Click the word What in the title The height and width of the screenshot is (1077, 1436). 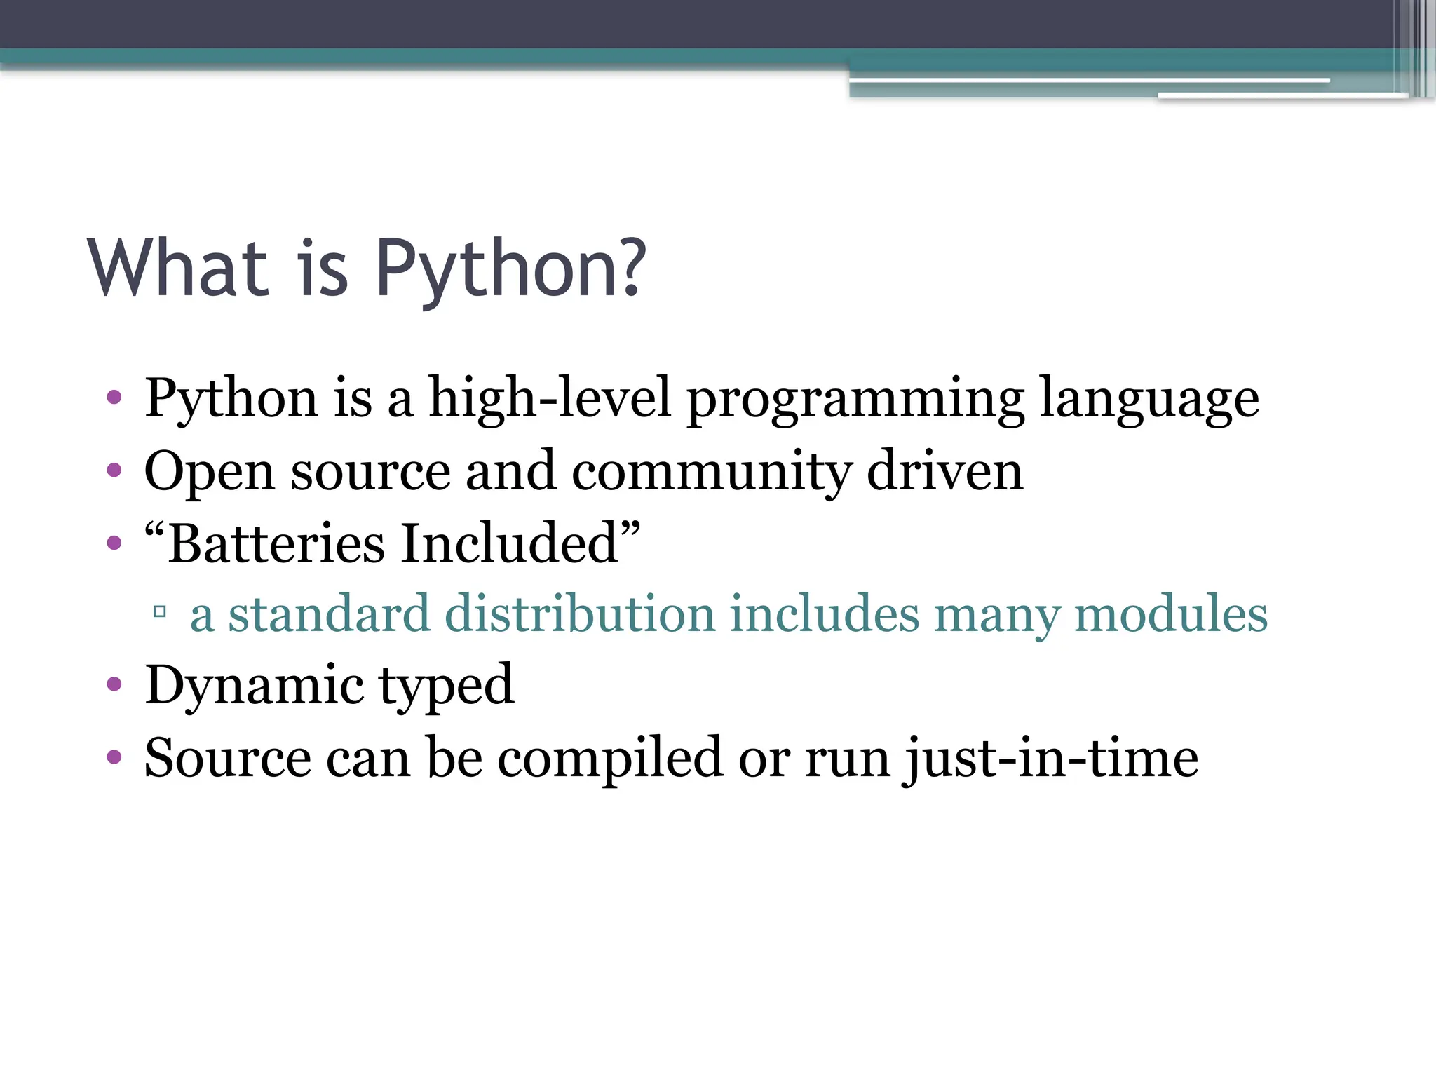pos(178,269)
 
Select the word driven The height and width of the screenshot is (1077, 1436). pos(944,471)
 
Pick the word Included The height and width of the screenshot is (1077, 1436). pos(509,543)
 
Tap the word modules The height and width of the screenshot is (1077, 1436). pos(1170,614)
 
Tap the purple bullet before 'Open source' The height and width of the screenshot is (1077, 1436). pos(114,470)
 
